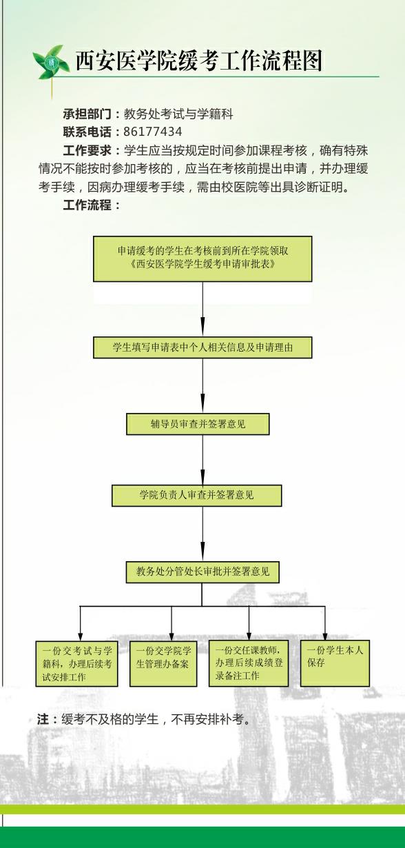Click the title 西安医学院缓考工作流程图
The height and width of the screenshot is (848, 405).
point(199,61)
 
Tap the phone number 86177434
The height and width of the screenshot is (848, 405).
point(153,132)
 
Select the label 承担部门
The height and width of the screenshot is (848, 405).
point(87,114)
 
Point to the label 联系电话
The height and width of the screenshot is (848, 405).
point(87,132)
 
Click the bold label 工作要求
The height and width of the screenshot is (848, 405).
point(87,150)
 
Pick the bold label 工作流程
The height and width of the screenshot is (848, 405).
point(87,205)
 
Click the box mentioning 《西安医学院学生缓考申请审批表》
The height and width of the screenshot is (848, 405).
point(202,259)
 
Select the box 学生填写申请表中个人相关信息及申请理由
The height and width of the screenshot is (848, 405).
point(202,347)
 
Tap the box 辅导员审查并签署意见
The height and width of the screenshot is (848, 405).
point(198,424)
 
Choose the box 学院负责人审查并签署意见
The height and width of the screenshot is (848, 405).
point(196,496)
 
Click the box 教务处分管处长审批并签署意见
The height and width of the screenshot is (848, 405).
point(202,572)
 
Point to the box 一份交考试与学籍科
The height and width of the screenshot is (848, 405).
point(76,664)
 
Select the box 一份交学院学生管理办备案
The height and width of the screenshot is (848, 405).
point(163,664)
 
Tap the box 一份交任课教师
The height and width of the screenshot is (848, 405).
point(249,663)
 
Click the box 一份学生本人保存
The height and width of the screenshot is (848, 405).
point(335,663)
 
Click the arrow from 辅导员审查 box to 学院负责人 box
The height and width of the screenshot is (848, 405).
point(202,460)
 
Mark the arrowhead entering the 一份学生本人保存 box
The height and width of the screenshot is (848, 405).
point(325,636)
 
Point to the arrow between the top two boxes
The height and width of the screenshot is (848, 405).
point(202,310)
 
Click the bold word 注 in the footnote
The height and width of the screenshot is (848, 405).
point(43,719)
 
